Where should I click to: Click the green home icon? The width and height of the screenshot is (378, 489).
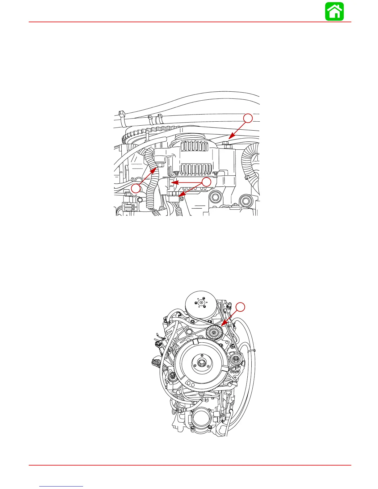[334, 12]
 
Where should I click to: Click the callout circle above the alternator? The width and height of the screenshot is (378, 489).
[248, 118]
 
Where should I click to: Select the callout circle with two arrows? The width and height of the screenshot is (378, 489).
[206, 182]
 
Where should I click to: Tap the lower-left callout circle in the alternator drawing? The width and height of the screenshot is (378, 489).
[135, 188]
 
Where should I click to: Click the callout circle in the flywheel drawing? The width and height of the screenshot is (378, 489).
[241, 307]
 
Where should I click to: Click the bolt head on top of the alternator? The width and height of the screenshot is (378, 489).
[225, 142]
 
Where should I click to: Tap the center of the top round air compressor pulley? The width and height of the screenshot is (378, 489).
[201, 303]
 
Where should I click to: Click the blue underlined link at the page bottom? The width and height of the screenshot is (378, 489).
[61, 486]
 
